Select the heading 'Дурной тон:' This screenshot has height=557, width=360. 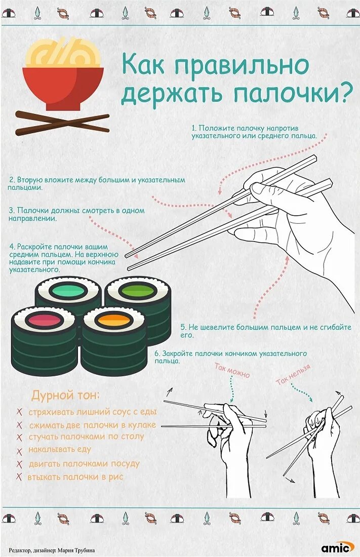(66, 395)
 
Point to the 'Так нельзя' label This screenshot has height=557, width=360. (294, 374)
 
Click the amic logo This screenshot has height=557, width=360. (338, 547)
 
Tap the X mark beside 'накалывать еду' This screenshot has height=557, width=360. (20, 451)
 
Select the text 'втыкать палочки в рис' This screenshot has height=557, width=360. (75, 476)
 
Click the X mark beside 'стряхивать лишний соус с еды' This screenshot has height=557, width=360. (20, 412)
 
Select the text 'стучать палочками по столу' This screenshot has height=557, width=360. (87, 436)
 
